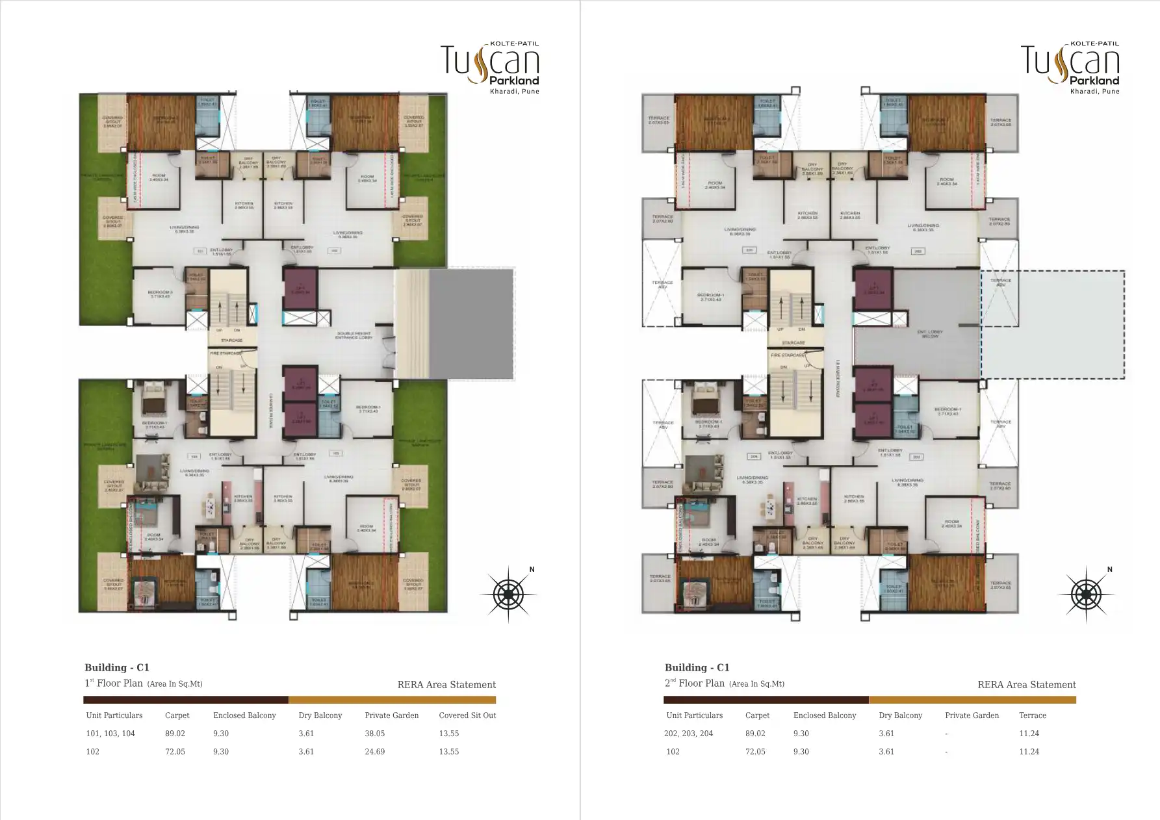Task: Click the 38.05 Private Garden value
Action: click(x=374, y=734)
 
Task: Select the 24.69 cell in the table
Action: click(x=374, y=752)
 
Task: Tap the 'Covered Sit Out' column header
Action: click(x=467, y=715)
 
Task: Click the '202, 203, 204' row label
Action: click(x=689, y=734)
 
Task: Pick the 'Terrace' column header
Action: click(x=1032, y=715)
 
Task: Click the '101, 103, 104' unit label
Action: click(x=110, y=734)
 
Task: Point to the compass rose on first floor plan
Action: click(x=508, y=594)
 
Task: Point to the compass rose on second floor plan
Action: click(x=1085, y=594)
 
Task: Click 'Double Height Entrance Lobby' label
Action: click(x=354, y=336)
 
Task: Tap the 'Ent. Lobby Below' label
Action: click(x=930, y=334)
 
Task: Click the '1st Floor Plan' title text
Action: click(x=114, y=684)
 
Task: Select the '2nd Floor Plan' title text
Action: click(x=694, y=684)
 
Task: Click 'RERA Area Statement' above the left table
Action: click(x=446, y=685)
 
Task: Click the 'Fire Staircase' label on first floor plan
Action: click(x=226, y=353)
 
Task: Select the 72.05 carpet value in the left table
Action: click(x=175, y=752)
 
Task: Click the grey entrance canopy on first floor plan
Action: click(x=472, y=324)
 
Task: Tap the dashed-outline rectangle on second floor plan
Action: click(x=1053, y=325)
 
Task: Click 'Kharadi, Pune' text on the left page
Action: click(x=514, y=92)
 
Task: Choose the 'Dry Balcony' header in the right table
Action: click(x=900, y=715)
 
